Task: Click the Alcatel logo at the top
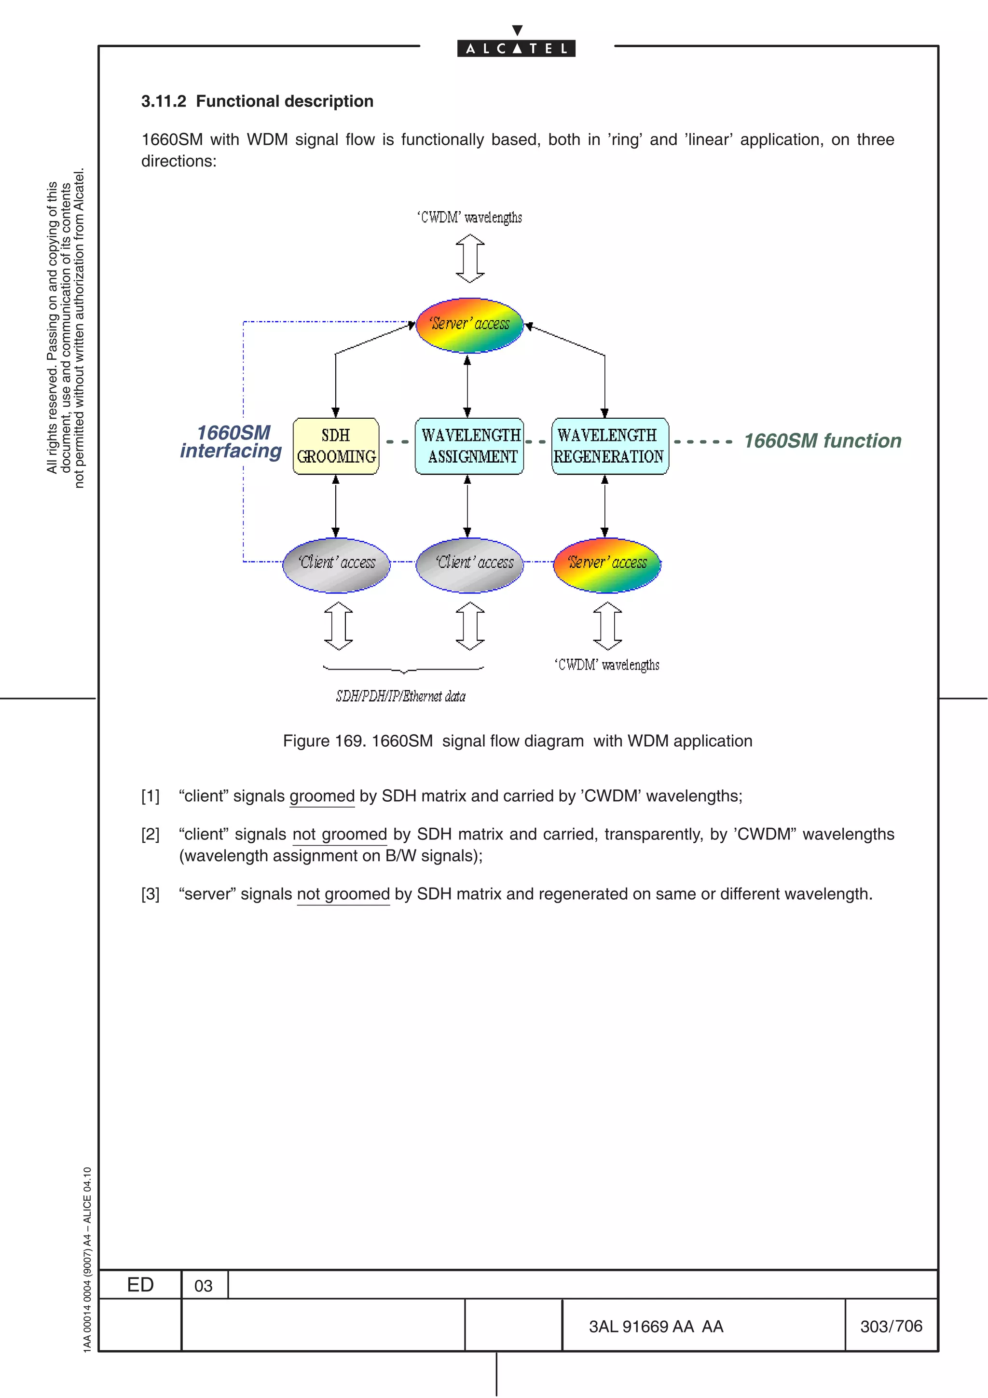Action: pyautogui.click(x=516, y=47)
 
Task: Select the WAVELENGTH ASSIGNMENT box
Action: pyautogui.click(x=469, y=446)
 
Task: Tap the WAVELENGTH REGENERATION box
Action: pyautogui.click(x=609, y=446)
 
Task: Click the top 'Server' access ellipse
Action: pyautogui.click(x=469, y=325)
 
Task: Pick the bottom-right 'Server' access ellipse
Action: pyautogui.click(x=607, y=564)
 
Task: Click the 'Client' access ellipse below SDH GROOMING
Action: pyautogui.click(x=336, y=564)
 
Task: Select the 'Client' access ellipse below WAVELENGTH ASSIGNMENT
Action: pyautogui.click(x=469, y=564)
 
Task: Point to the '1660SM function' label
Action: pyautogui.click(x=823, y=441)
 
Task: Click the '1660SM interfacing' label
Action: pyautogui.click(x=232, y=441)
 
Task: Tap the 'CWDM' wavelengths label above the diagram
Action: pyautogui.click(x=469, y=218)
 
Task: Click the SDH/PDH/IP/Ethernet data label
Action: pyautogui.click(x=400, y=696)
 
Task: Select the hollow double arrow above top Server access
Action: pyautogui.click(x=470, y=259)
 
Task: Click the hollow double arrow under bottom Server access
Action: pyautogui.click(x=607, y=626)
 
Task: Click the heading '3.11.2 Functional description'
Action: pyautogui.click(x=257, y=101)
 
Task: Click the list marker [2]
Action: pyautogui.click(x=151, y=834)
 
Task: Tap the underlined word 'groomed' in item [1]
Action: pyautogui.click(x=322, y=796)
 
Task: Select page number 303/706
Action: pyautogui.click(x=891, y=1326)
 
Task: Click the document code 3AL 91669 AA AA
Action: pyautogui.click(x=656, y=1326)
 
